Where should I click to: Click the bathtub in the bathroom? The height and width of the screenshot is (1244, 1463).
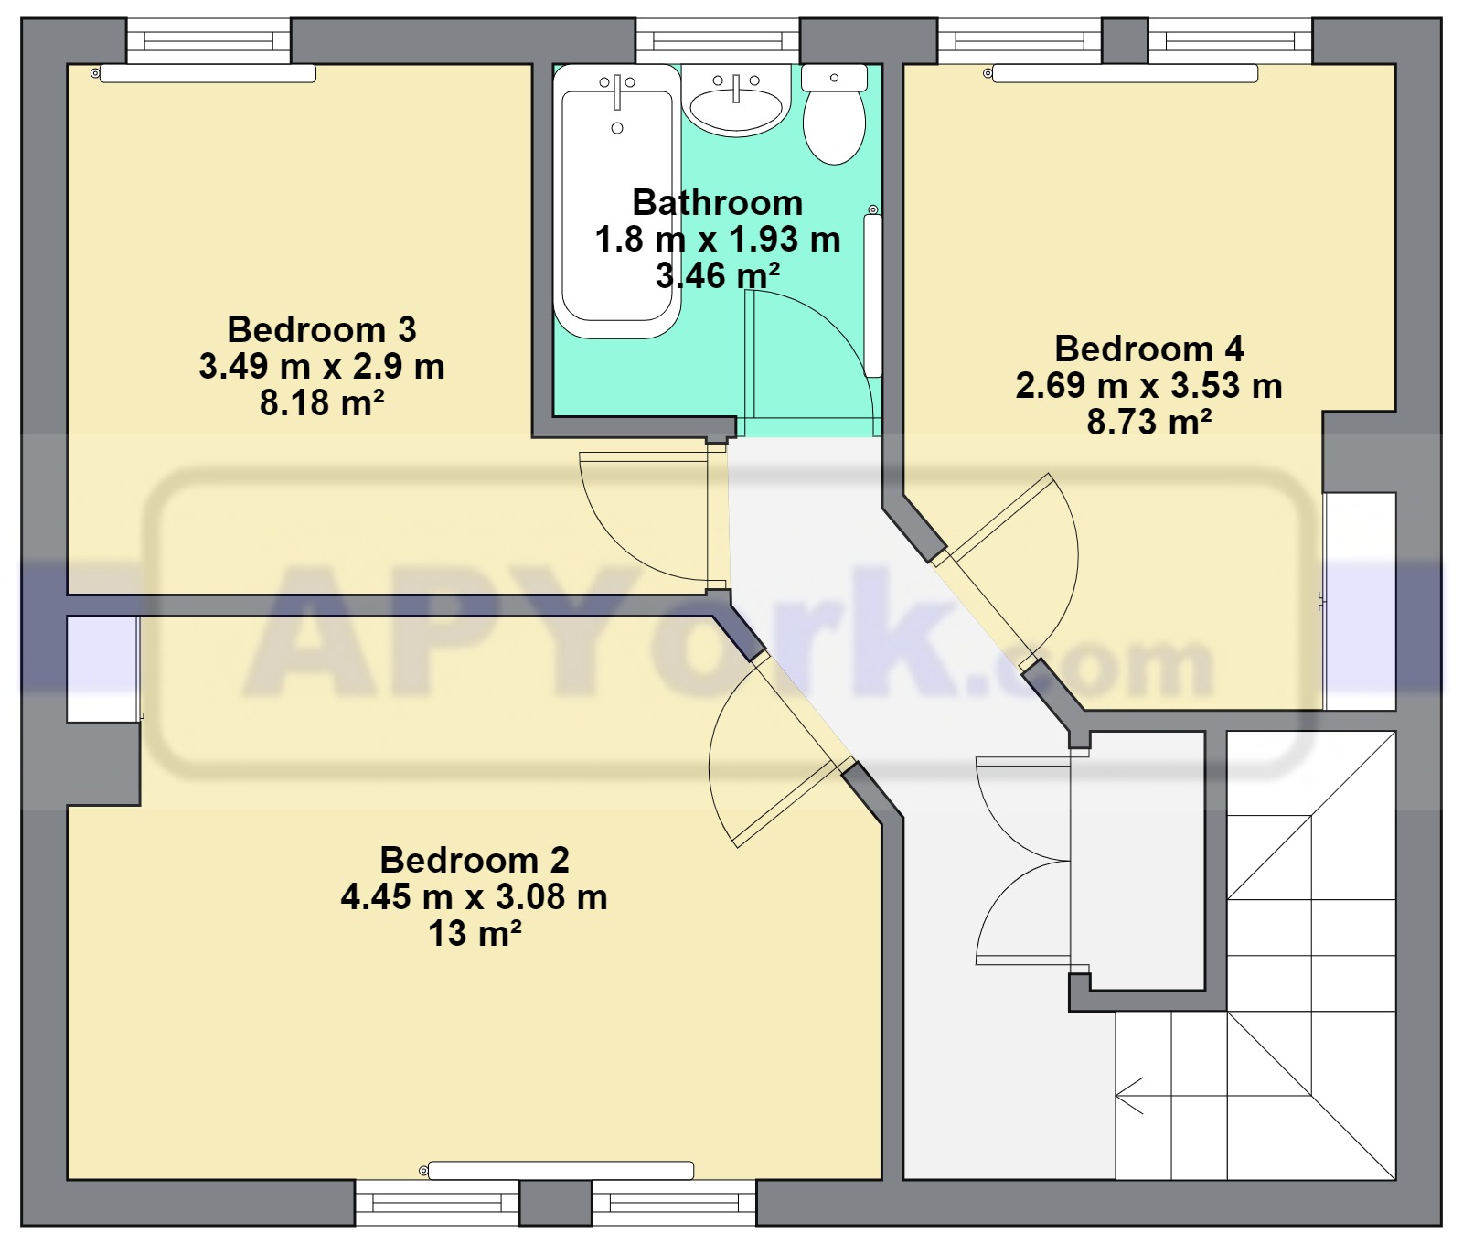(617, 201)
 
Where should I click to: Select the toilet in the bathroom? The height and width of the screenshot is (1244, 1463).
(834, 114)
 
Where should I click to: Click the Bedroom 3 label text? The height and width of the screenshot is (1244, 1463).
(322, 329)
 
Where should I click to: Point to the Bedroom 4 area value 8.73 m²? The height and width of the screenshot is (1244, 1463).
(1149, 422)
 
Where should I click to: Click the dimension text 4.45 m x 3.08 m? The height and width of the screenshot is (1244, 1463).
(475, 896)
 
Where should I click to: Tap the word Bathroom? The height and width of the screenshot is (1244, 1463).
(718, 202)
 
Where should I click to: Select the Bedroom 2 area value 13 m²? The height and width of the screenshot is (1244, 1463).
(475, 933)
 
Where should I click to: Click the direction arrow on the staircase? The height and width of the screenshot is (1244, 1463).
(1130, 1096)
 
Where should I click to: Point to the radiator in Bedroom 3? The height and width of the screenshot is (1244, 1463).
(208, 73)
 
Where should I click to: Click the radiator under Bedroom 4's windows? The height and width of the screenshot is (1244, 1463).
(1125, 73)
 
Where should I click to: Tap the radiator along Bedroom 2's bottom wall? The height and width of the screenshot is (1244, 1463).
(561, 1170)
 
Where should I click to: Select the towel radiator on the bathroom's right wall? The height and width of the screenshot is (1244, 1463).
(873, 294)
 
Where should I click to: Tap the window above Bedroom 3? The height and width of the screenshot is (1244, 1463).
(208, 41)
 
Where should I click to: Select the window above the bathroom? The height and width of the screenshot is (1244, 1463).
(718, 41)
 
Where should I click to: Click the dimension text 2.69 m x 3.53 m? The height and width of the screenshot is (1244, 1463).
(1149, 385)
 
